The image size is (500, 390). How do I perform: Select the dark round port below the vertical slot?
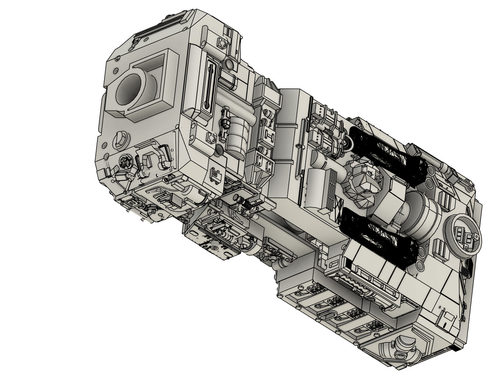(x=220, y=150)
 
